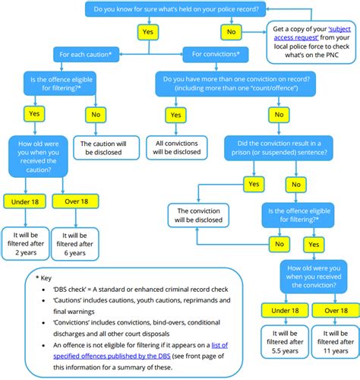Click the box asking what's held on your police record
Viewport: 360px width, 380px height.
click(176, 10)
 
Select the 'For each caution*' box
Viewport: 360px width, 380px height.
click(84, 54)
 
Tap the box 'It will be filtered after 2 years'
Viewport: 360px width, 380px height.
click(25, 242)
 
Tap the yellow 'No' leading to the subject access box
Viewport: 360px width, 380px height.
click(232, 31)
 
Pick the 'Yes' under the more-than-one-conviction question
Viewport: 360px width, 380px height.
click(176, 116)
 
